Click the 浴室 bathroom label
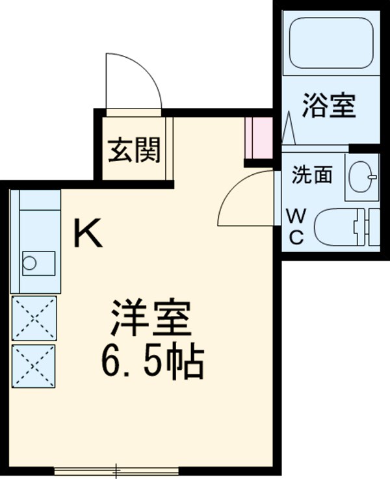(x=330, y=106)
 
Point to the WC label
(x=296, y=226)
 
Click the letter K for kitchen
(x=87, y=233)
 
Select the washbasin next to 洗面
(x=362, y=175)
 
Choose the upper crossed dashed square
(x=34, y=318)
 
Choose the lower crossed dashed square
(x=34, y=366)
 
